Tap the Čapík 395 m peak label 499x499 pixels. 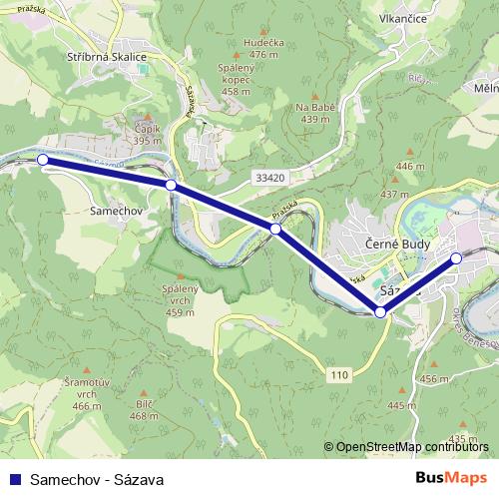[148, 135]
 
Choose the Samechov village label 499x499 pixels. [119, 212]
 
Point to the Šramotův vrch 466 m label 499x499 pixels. [87, 393]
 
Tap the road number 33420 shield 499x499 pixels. [268, 178]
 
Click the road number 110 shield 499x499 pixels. [341, 373]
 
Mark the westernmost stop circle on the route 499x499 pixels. [42, 160]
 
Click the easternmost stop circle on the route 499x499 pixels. [456, 258]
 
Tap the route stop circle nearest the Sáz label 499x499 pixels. [380, 312]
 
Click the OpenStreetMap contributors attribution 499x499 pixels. [412, 448]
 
